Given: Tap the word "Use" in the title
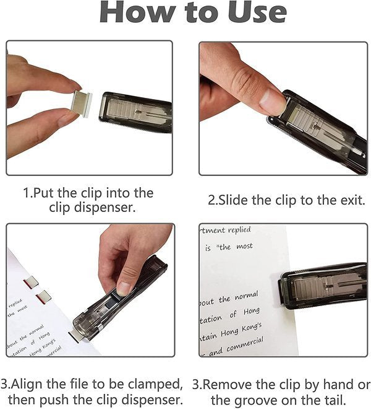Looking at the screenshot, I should tap(252, 14).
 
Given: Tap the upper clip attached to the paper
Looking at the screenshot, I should tap(31, 283).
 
